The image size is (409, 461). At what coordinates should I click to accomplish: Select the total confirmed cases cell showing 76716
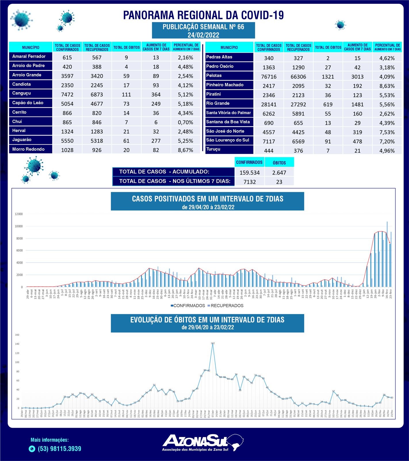point(269,77)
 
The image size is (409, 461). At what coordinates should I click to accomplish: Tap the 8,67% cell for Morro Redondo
point(186,150)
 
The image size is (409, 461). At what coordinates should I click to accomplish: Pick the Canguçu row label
point(22,93)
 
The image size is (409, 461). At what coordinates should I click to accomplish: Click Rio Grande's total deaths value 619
point(328,104)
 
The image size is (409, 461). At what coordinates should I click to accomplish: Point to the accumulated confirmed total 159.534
point(249,173)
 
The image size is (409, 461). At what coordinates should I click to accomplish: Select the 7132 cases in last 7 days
point(249,182)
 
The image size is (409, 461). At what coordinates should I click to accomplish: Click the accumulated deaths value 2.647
point(279,173)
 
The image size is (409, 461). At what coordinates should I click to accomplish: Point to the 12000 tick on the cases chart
point(19,214)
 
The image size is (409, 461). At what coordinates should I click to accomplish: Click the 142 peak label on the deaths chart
point(213,343)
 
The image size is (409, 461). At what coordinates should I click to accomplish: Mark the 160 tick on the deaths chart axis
point(17,335)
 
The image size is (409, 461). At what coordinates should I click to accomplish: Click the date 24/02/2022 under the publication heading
point(203,35)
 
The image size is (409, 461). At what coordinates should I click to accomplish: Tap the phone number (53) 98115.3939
point(60,449)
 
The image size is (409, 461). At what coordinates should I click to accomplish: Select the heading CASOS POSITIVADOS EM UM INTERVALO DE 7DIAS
point(207,199)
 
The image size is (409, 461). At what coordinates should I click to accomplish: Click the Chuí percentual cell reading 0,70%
point(186,122)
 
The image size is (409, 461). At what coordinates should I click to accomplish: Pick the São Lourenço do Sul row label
point(228,140)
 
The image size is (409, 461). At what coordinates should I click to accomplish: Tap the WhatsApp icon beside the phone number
point(32,449)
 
